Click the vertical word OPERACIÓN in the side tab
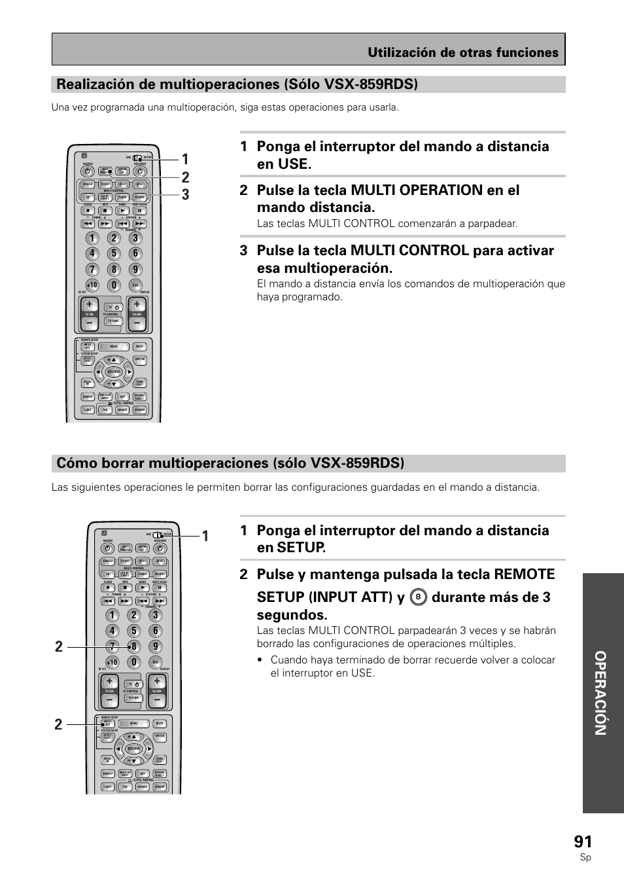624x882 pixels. click(x=602, y=693)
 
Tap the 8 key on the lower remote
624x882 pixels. click(x=134, y=646)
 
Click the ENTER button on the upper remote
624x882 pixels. click(x=114, y=372)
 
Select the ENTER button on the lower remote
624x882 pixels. click(x=134, y=749)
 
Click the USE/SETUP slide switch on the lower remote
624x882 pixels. click(x=158, y=535)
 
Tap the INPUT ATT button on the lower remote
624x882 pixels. click(x=107, y=724)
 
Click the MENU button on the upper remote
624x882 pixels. click(x=114, y=347)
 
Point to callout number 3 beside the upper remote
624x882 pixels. click(x=186, y=195)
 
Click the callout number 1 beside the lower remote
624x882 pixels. click(x=205, y=537)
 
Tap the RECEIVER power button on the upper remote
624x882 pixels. click(x=140, y=171)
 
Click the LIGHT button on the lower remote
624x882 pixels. click(x=108, y=787)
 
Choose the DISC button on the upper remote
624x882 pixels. click(x=135, y=285)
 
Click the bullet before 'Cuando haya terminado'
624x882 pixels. click(x=260, y=660)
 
